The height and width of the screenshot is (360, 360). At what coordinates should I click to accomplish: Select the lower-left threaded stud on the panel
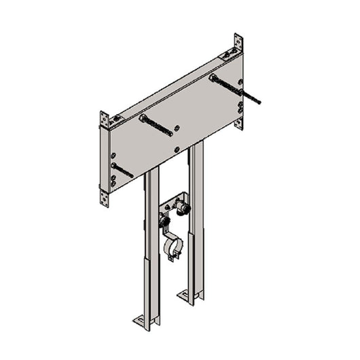click(122, 170)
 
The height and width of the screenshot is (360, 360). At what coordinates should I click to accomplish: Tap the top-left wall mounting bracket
click(105, 120)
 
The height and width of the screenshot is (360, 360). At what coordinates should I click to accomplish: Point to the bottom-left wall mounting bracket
click(105, 197)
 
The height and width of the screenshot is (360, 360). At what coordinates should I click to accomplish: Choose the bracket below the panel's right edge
click(238, 123)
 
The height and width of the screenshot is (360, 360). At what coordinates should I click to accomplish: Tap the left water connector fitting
click(164, 219)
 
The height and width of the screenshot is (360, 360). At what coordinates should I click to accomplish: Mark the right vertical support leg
click(196, 217)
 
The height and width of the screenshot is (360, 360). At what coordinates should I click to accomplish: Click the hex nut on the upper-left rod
click(144, 118)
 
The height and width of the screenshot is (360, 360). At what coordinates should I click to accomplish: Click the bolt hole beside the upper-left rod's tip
click(177, 127)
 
